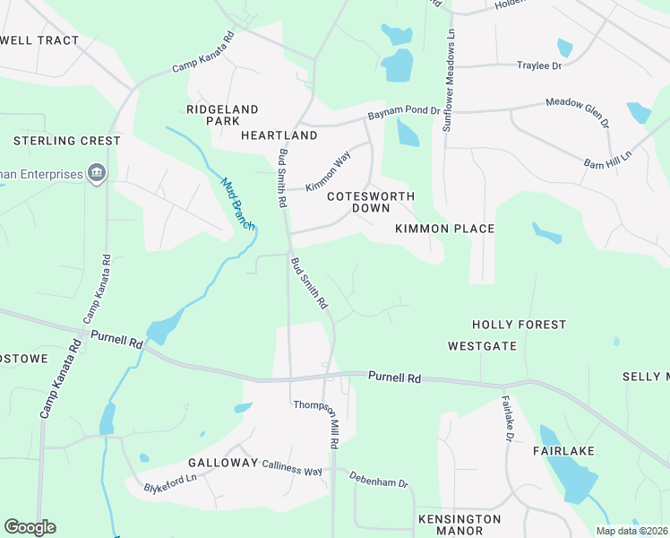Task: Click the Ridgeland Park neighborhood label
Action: click(221, 115)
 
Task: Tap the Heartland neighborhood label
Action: click(279, 135)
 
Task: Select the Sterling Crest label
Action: click(67, 141)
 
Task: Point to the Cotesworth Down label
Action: click(357, 202)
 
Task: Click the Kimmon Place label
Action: click(445, 229)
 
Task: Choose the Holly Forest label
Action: click(519, 325)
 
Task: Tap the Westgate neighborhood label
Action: click(482, 345)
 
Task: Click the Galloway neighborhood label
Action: click(223, 463)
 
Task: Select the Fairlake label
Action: click(565, 451)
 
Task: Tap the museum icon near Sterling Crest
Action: click(97, 173)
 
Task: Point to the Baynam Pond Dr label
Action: click(404, 113)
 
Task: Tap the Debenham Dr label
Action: click(378, 480)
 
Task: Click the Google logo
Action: click(30, 527)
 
